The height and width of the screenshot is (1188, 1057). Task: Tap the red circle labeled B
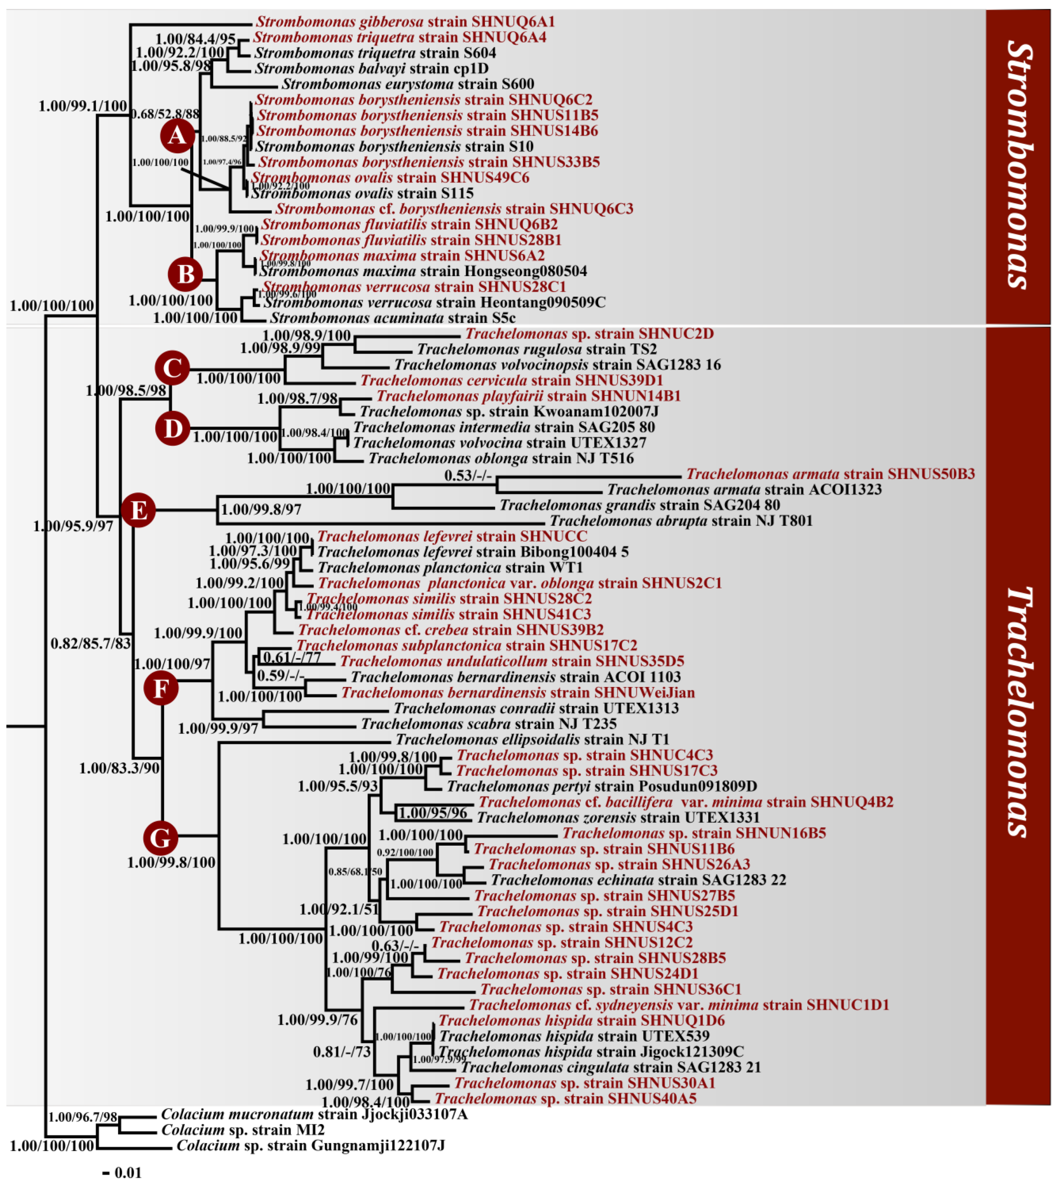(185, 274)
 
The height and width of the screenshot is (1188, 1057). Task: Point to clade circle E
(138, 510)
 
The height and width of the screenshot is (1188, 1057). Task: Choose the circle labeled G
(160, 838)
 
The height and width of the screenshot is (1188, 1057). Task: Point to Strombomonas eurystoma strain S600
(408, 84)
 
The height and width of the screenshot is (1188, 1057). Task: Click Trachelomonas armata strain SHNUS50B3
(830, 474)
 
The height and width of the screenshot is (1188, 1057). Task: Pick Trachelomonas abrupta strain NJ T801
(681, 521)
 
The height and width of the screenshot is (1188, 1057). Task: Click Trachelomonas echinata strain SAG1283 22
(638, 880)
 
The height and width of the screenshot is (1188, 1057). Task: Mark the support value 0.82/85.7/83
(91, 643)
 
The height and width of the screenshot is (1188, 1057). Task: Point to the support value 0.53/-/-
(468, 476)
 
